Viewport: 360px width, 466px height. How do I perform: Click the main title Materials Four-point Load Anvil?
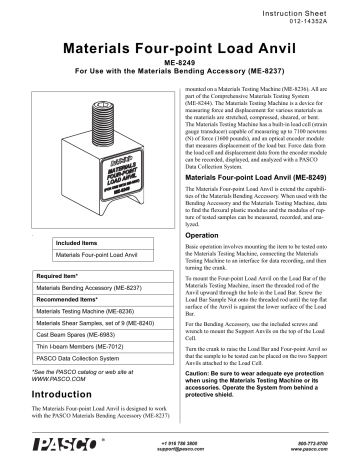[179, 47]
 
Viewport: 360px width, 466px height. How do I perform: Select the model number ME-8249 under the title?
[179, 64]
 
